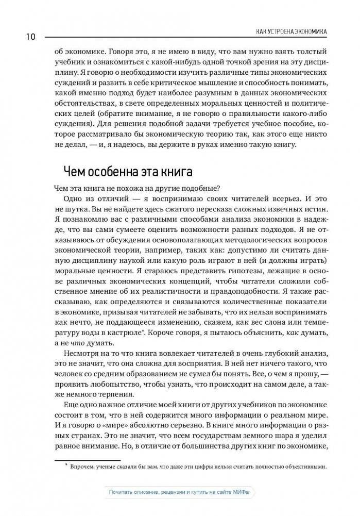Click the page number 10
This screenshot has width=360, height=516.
click(28, 37)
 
